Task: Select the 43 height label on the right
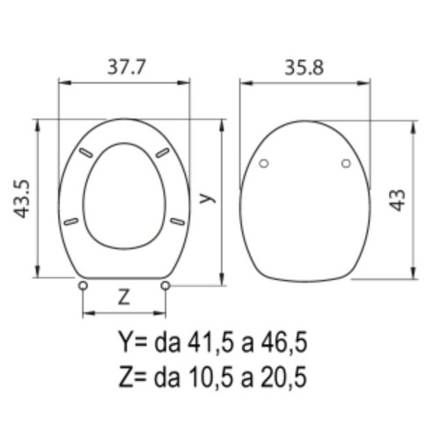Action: coord(399,199)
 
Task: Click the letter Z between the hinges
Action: coord(124,297)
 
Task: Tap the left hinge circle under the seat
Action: coord(83,284)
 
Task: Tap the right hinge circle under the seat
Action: coord(165,284)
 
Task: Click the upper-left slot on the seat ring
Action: coord(86,152)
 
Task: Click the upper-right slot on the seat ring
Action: coord(162,152)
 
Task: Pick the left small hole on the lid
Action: coord(265,164)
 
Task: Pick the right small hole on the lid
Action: coord(345,164)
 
